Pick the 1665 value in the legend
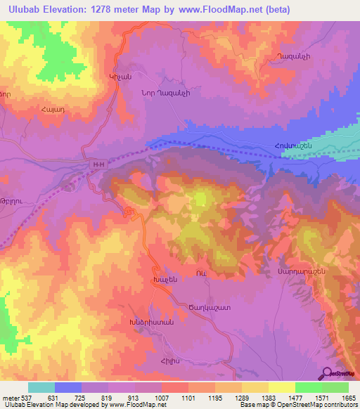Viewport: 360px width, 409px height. coord(348,398)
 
